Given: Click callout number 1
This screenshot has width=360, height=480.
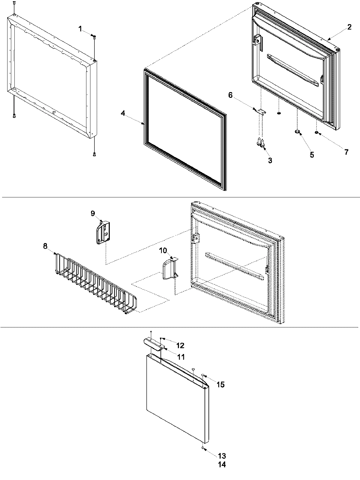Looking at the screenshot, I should pyautogui.click(x=80, y=29).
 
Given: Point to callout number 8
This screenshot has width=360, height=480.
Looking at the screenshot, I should pyautogui.click(x=45, y=246).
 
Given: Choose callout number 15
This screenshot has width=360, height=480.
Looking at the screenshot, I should pyautogui.click(x=220, y=385).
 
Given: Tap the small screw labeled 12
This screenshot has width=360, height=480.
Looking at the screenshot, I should pyautogui.click(x=161, y=338).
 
